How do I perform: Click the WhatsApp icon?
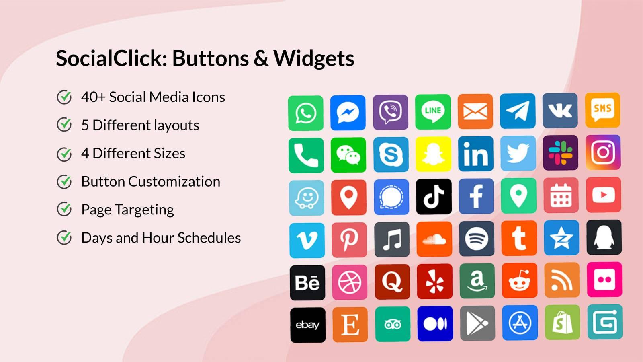point(305,113)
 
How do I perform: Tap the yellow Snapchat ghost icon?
point(433,154)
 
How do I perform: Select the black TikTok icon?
point(433,197)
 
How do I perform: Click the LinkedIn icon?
point(475,154)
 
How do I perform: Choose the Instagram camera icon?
point(603,152)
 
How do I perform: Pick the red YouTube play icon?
point(603,195)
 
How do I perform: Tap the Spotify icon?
point(477,239)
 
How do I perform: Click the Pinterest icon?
point(349,240)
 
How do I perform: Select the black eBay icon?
point(308,325)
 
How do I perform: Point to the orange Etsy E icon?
point(350,325)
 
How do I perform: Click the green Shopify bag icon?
point(562,323)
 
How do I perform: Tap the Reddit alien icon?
point(519,281)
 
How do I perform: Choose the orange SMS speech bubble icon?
point(602,110)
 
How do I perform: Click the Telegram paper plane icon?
point(518,111)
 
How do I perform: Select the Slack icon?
point(560,153)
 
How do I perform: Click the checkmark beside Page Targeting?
point(64,209)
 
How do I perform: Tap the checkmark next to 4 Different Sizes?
point(64,154)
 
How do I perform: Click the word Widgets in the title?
point(314,58)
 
